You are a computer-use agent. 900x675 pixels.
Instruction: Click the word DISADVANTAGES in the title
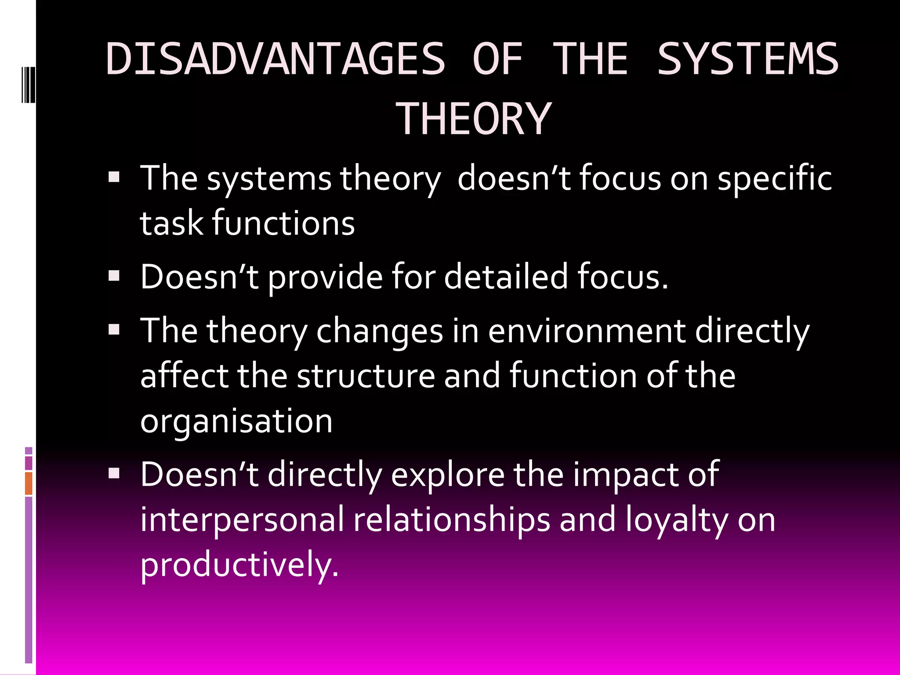276,59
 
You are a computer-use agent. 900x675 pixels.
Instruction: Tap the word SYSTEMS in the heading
748,59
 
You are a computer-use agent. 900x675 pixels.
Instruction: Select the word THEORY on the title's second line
473,119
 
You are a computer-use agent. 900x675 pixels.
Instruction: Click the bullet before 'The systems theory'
114,177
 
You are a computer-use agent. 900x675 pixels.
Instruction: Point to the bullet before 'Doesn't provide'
114,276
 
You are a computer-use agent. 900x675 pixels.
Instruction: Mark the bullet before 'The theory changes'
114,330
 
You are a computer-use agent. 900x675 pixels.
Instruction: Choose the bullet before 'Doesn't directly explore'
114,473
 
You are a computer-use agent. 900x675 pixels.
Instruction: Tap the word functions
283,223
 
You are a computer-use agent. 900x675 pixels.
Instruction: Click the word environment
587,331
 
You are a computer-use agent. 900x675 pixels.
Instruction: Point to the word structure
366,376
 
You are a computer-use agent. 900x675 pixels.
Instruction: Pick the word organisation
236,421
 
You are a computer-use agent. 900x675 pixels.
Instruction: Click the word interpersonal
242,520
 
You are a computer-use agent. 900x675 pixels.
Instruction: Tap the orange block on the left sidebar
29,483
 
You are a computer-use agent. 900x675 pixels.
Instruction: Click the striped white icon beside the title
28,85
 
